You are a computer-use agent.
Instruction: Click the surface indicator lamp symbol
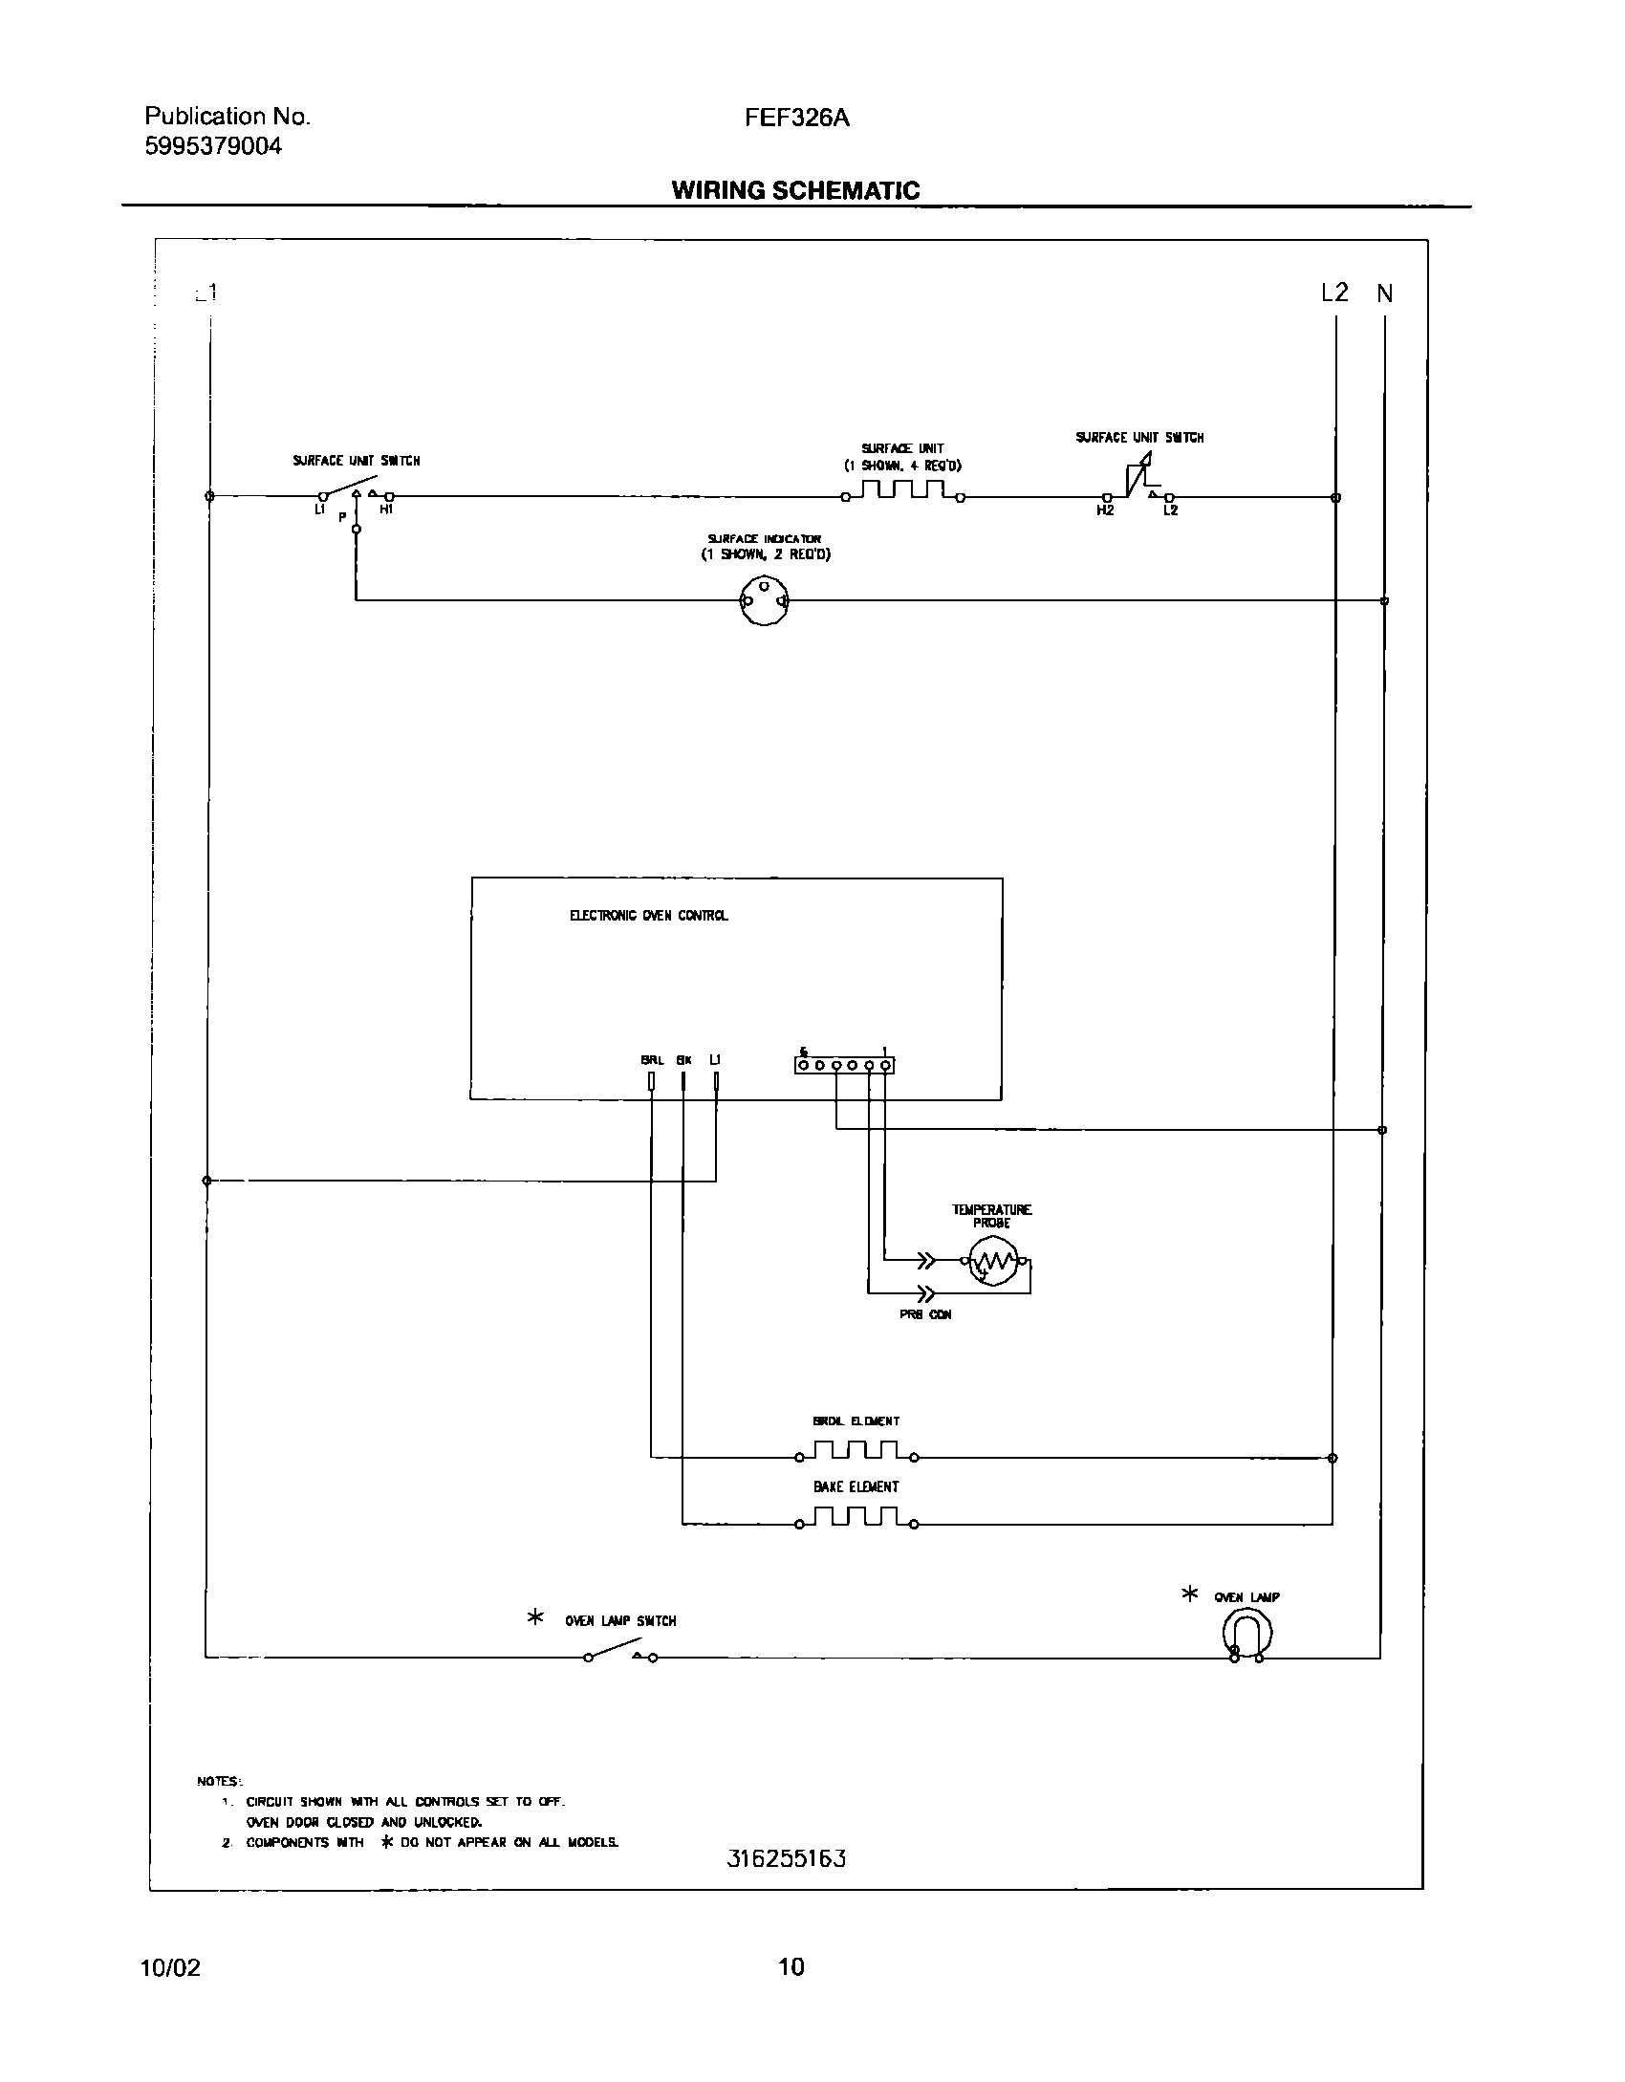[764, 601]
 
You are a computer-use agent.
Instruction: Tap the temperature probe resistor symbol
[994, 1263]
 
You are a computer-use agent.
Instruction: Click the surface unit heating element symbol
[903, 491]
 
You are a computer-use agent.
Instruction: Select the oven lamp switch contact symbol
[620, 1652]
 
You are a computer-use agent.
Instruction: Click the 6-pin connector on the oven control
[844, 1064]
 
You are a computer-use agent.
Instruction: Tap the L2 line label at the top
[1334, 293]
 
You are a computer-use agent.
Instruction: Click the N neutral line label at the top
[1384, 294]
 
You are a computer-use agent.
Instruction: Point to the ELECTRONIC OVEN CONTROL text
[648, 916]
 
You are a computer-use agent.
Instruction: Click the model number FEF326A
[797, 118]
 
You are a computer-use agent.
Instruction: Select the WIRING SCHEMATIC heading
[795, 190]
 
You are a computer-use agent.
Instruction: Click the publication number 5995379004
[213, 146]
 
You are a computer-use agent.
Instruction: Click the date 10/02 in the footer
[170, 1967]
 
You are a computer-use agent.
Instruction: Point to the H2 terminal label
[1105, 510]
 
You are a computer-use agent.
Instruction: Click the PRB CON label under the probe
[925, 1314]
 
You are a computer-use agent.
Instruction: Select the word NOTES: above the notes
[220, 1781]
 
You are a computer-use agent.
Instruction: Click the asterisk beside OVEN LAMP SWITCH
[535, 1617]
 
